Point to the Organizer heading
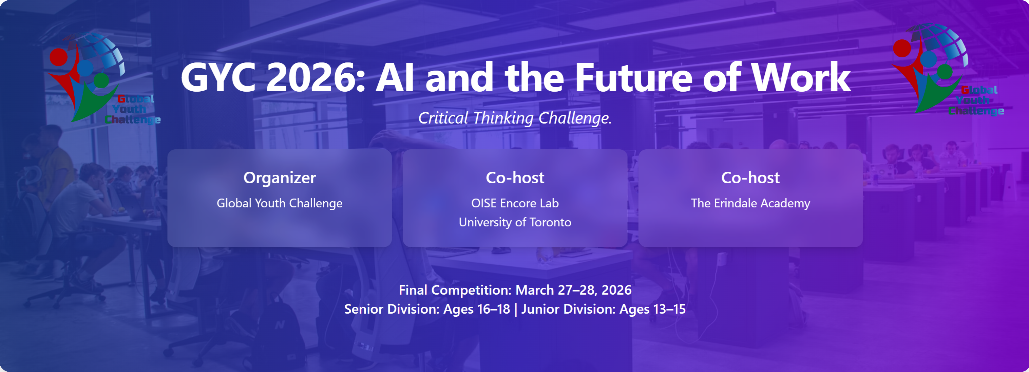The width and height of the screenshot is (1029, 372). coord(280,178)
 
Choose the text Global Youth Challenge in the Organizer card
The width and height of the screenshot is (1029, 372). coord(280,203)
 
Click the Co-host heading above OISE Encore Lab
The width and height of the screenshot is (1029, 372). coord(515,178)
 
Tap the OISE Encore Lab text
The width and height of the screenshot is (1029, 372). coord(515,203)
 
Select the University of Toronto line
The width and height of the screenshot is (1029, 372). coord(515,222)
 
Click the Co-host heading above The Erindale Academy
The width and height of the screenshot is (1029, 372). coord(750,178)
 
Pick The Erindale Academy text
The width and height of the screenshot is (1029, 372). coord(750,203)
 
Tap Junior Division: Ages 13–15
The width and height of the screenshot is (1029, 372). coord(603,309)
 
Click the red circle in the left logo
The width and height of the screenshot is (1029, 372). coord(58,57)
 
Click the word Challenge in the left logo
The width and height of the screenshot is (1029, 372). coord(133,119)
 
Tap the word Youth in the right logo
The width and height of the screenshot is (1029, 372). coord(973,100)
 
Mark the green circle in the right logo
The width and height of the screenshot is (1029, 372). coord(945,72)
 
